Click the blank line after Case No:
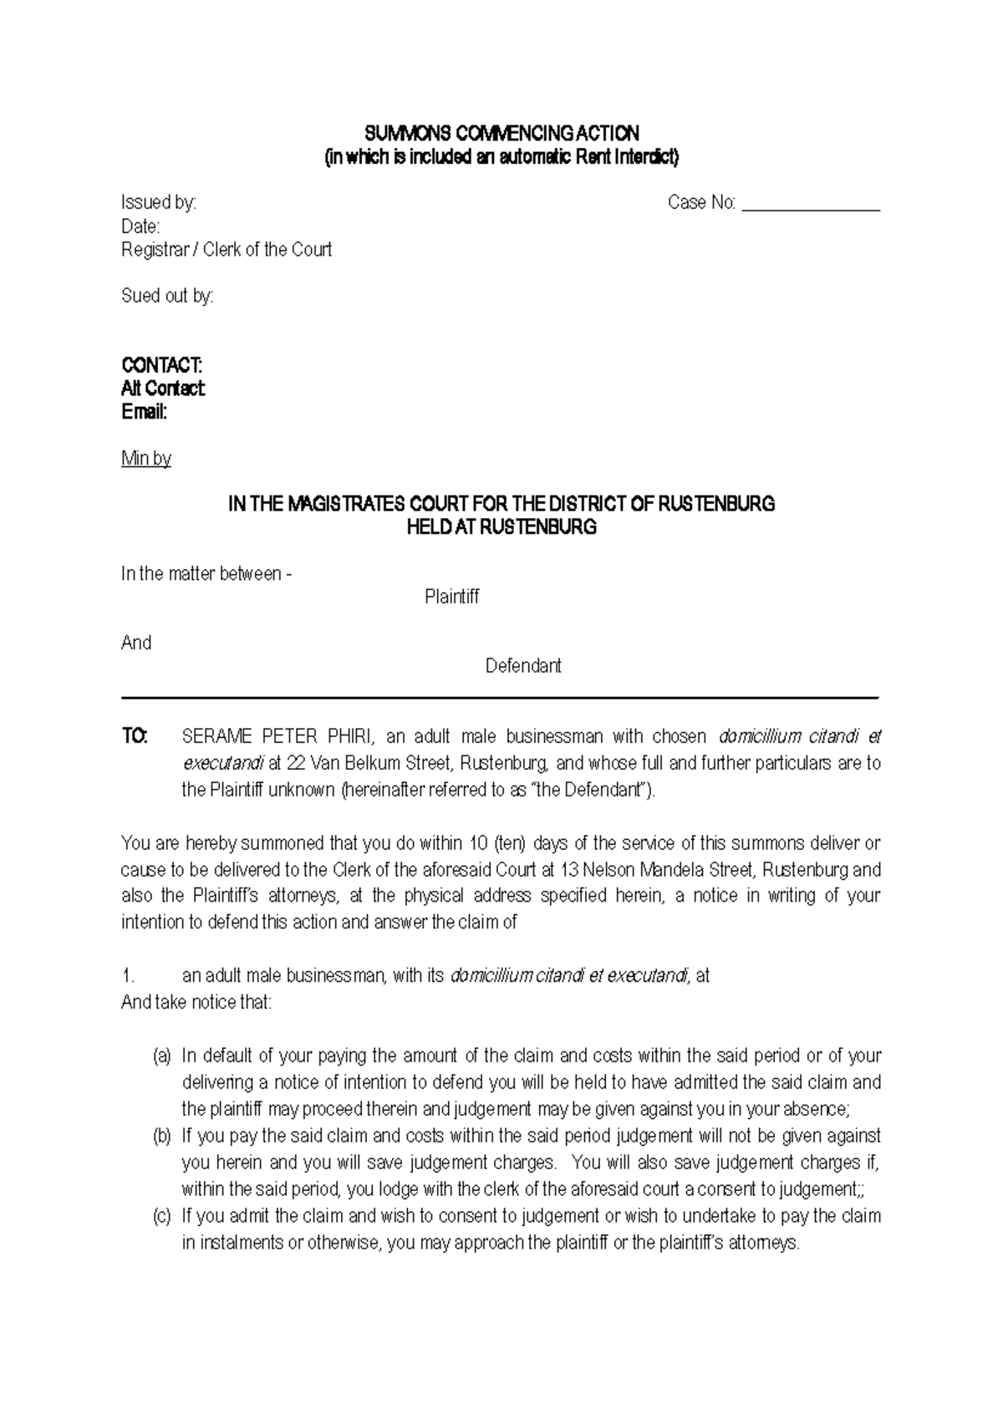coord(811,204)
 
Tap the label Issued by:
coord(159,202)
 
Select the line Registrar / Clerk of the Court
coord(227,249)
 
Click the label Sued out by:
coord(167,296)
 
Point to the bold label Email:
coord(144,412)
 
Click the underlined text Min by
coord(146,458)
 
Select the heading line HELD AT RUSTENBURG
coord(501,527)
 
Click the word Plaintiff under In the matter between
coord(451,597)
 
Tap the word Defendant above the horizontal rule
coord(523,666)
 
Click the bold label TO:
coord(135,736)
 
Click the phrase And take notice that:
coord(196,1002)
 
